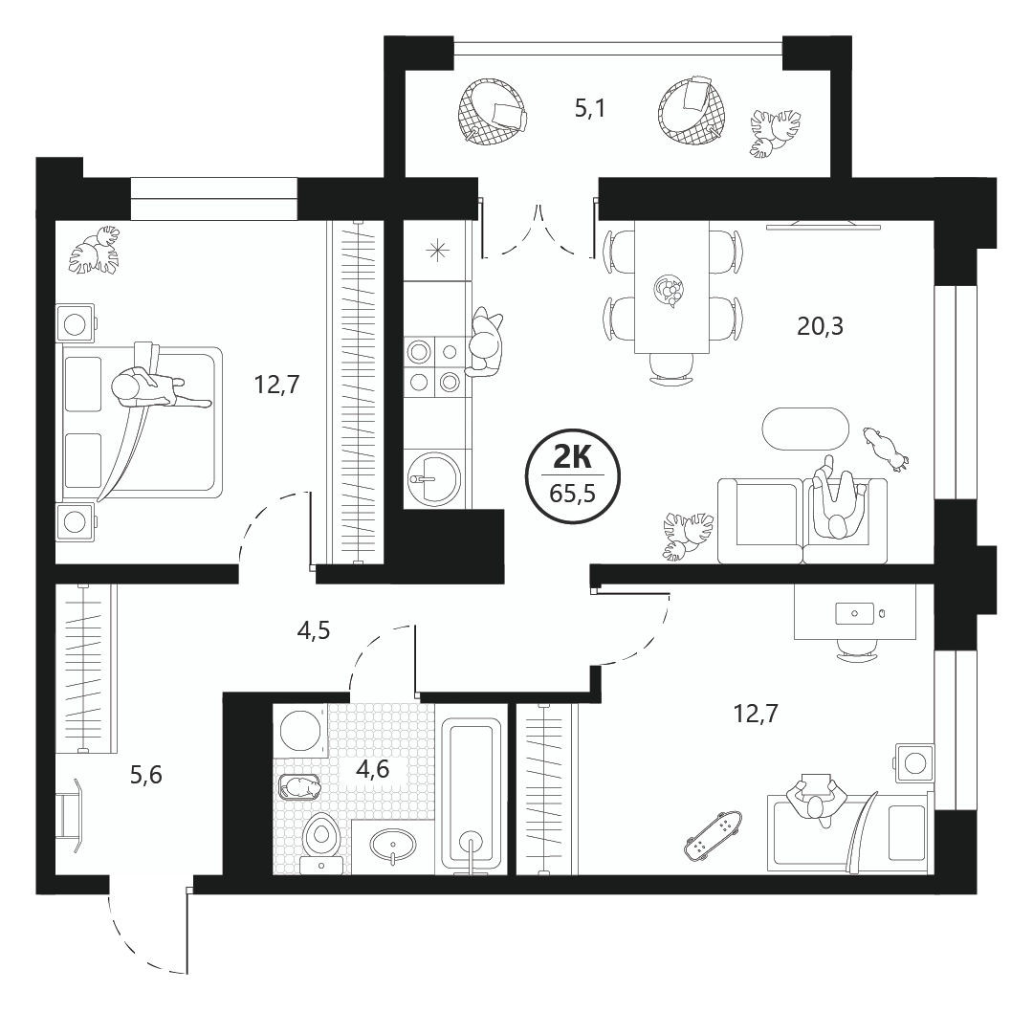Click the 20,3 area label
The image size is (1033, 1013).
coord(821,326)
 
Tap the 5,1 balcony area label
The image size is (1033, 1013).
coord(589,109)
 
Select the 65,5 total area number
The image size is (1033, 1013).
coord(572,493)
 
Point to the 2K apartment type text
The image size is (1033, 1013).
coord(572,456)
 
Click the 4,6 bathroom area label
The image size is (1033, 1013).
coord(373,769)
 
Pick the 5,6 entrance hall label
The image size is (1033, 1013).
coord(145,775)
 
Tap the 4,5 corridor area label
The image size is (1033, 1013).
coord(314,631)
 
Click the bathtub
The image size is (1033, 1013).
coord(471,796)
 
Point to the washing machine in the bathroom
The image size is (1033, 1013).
coord(300,731)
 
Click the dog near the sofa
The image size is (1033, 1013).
coord(886,449)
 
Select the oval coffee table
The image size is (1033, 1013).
coord(805,430)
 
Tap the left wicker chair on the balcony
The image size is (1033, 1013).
coord(493,111)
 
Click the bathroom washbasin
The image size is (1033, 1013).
coord(393,845)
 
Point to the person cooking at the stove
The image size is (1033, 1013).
coord(485,341)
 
